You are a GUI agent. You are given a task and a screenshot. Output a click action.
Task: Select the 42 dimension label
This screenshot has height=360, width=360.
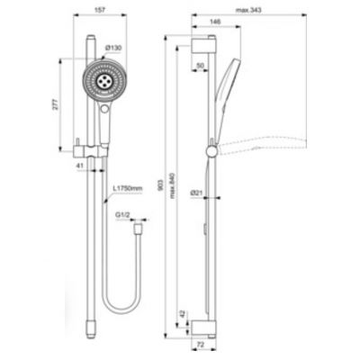185,314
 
